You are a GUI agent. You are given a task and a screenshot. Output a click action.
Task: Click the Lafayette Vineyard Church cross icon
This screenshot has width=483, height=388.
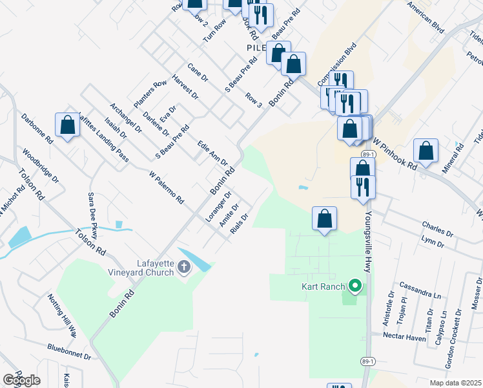[184, 266]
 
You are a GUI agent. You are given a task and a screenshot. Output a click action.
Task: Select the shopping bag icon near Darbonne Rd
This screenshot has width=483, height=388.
[67, 125]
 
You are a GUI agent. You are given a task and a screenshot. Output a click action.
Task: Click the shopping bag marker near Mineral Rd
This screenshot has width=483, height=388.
[426, 151]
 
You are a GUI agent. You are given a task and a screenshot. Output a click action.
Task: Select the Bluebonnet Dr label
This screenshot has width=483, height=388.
[69, 351]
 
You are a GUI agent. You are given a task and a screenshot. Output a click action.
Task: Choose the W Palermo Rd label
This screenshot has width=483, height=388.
[166, 188]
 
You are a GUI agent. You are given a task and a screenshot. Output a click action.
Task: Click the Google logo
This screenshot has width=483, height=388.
[22, 381]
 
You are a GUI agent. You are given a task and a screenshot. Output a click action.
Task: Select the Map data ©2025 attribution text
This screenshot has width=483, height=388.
[455, 383]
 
